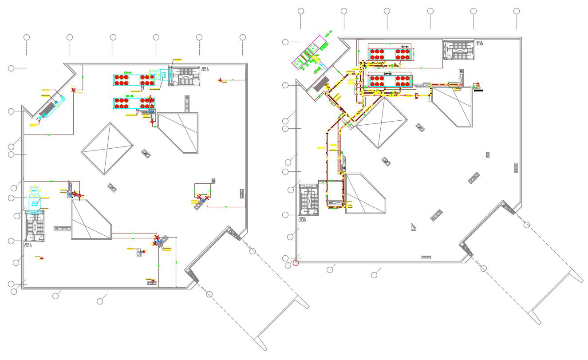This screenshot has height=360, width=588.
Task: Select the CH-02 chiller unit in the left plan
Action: point(134,103)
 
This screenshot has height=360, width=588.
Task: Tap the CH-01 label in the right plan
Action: point(404,46)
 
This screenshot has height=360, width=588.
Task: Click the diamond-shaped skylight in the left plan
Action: point(107,148)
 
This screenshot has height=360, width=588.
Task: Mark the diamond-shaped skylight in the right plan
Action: point(381,123)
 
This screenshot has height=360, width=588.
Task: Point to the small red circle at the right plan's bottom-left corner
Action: point(296,263)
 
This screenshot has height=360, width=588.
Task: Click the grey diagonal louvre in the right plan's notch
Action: point(322,83)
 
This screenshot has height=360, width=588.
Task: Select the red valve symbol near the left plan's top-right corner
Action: point(220,80)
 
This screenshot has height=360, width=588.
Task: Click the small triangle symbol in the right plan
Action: point(414,227)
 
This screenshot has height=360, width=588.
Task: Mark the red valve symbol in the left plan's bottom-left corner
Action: point(42,258)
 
